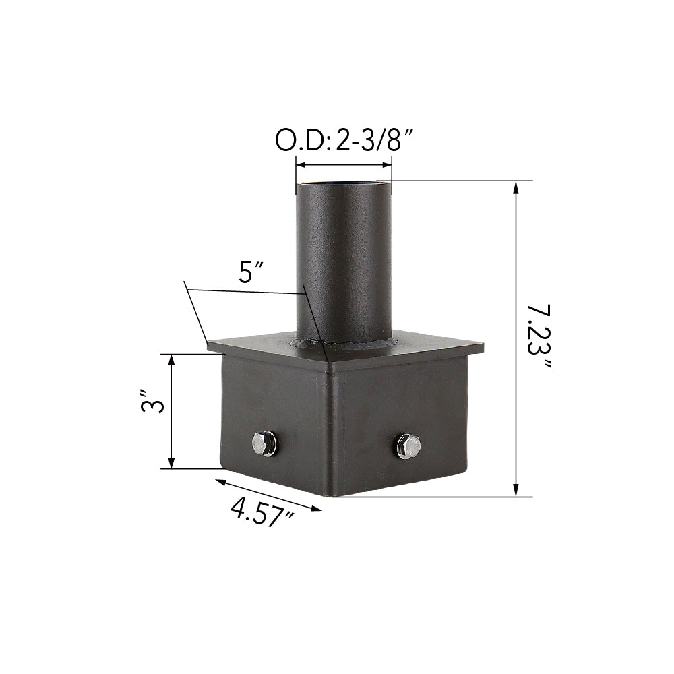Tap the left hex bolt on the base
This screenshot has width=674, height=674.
(264, 443)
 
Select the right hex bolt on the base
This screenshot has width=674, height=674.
(408, 446)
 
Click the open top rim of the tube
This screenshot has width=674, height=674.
(344, 183)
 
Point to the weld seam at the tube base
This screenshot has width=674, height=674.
(344, 347)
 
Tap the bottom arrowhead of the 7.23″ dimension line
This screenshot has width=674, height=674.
(517, 491)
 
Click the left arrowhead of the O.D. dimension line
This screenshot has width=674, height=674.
(301, 164)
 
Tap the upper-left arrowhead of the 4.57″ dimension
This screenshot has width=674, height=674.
(220, 481)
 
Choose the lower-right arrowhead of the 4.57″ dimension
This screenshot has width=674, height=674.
(317, 509)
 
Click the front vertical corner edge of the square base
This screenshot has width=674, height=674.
(330, 431)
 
